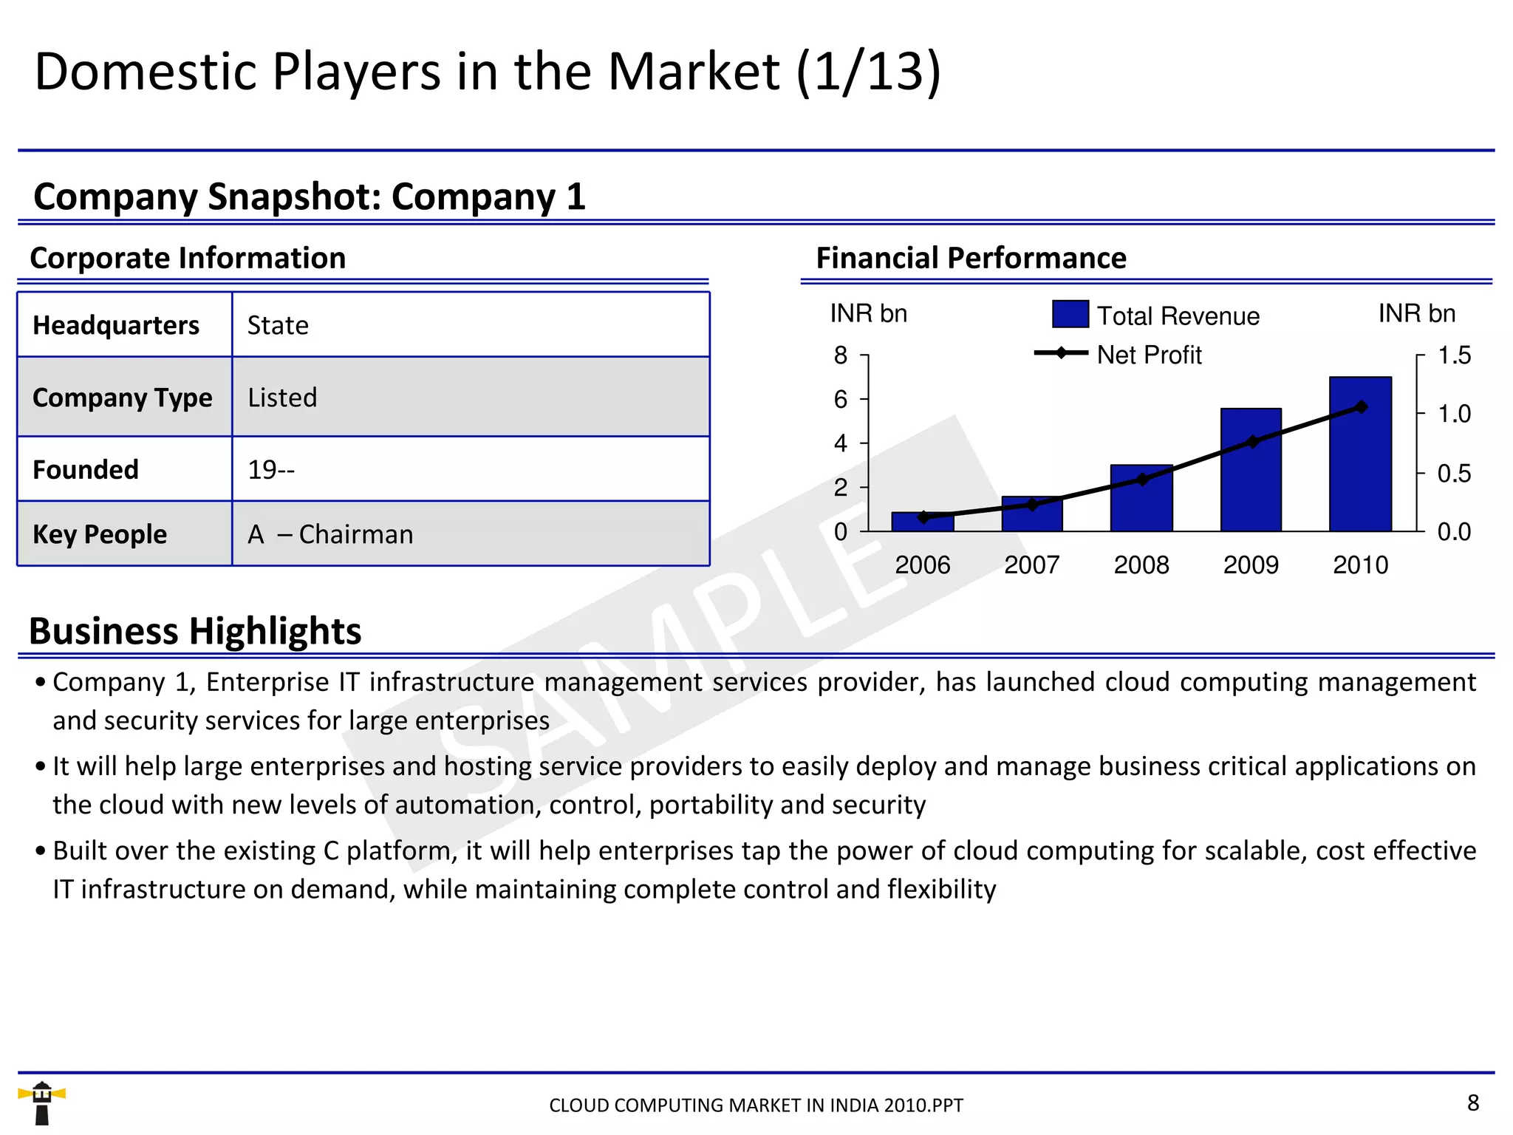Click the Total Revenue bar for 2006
click(x=923, y=523)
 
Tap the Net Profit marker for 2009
click(x=1252, y=442)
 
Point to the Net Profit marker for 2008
click(x=1142, y=480)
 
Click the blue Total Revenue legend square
click(x=1070, y=314)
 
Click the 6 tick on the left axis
click(x=841, y=400)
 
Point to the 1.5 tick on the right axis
click(x=1453, y=355)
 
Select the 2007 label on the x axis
click(x=1031, y=565)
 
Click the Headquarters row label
click(x=116, y=325)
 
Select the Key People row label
click(x=100, y=534)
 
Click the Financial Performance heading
click(x=971, y=258)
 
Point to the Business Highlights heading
click(x=195, y=631)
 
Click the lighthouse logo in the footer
click(x=42, y=1102)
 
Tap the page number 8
click(x=1472, y=1102)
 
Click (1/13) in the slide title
click(x=869, y=72)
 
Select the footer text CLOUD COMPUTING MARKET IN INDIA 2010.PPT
click(x=756, y=1105)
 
